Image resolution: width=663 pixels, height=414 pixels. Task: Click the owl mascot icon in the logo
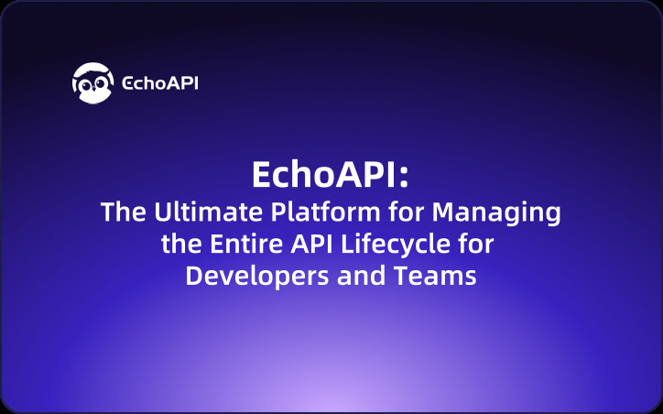(94, 82)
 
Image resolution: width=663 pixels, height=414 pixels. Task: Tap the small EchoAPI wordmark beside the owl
(160, 83)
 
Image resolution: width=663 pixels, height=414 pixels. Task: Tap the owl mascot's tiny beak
(94, 90)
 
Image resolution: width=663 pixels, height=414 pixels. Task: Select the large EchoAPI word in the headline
(323, 175)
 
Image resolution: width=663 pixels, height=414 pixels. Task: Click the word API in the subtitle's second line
(307, 245)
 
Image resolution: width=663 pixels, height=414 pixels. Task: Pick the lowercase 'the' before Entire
(179, 245)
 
